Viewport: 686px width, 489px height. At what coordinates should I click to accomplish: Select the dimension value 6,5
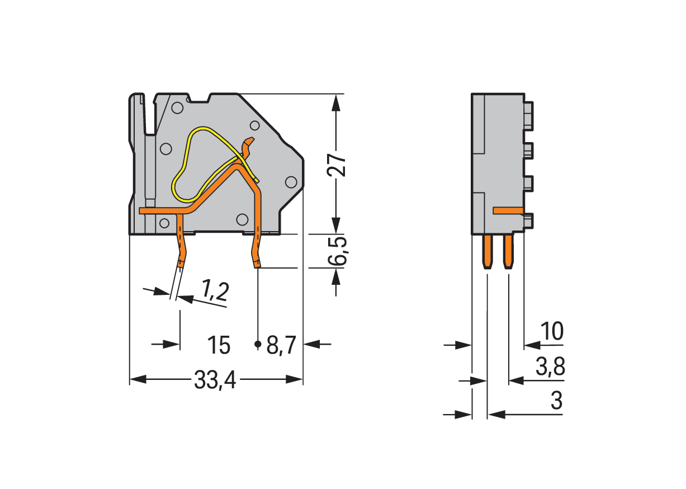(x=337, y=251)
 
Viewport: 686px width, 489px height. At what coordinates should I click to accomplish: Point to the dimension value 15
(x=219, y=346)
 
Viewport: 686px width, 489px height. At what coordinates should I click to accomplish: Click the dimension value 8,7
(x=281, y=346)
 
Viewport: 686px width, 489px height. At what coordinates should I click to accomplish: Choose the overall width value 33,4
(x=215, y=381)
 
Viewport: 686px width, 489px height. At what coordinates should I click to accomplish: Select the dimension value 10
(x=552, y=332)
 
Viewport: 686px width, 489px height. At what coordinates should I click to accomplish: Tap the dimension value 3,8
(x=550, y=368)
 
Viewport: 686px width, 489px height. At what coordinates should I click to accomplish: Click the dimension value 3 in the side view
(x=556, y=401)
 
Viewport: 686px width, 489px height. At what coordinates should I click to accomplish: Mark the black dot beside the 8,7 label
(x=258, y=344)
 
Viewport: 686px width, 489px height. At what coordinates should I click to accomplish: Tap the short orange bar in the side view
(x=508, y=210)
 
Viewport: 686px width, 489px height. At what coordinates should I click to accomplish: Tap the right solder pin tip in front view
(x=257, y=264)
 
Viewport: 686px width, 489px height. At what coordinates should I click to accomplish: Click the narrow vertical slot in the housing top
(x=149, y=117)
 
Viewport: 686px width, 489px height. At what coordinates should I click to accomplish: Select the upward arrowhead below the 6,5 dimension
(x=335, y=275)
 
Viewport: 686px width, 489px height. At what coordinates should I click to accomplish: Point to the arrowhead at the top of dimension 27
(x=335, y=101)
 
